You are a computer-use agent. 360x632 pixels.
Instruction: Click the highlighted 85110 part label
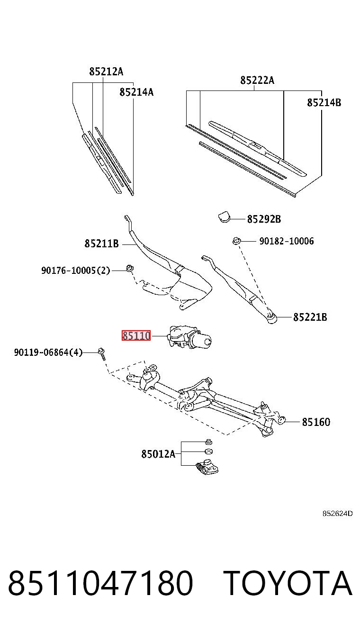(136, 335)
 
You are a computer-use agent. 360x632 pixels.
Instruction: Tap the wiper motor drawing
(189, 337)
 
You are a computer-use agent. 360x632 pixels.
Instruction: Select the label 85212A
(107, 72)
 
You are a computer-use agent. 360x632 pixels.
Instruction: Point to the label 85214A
(136, 92)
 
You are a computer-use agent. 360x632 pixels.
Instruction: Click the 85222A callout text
(257, 80)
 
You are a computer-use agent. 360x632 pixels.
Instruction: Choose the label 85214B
(324, 102)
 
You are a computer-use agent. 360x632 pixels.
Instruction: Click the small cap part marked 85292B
(224, 217)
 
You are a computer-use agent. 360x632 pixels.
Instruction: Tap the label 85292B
(264, 219)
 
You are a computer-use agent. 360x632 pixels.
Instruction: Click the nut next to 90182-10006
(236, 241)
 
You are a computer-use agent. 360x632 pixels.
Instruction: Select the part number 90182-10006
(287, 241)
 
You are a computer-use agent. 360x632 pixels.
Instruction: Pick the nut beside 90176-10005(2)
(130, 268)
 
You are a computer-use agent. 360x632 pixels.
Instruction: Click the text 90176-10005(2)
(76, 271)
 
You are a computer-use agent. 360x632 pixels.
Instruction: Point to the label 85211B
(101, 243)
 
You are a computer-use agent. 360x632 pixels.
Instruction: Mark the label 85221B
(310, 317)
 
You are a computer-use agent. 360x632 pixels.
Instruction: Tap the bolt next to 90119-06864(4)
(101, 354)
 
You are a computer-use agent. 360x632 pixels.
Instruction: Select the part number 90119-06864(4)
(48, 352)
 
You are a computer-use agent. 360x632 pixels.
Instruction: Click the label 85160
(316, 422)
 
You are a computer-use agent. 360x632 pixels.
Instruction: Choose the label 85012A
(158, 454)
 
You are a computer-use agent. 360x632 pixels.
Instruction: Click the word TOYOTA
(288, 583)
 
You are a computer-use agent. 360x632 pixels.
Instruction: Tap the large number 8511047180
(100, 583)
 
